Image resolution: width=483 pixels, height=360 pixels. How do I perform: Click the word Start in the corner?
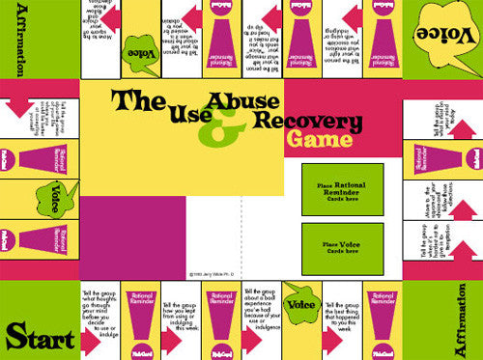tap(39, 337)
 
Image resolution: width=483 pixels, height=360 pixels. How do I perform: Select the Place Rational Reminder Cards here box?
tap(341, 188)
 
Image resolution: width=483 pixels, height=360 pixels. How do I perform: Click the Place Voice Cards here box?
tap(341, 248)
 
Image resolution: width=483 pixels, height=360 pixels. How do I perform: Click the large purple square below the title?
tap(132, 235)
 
